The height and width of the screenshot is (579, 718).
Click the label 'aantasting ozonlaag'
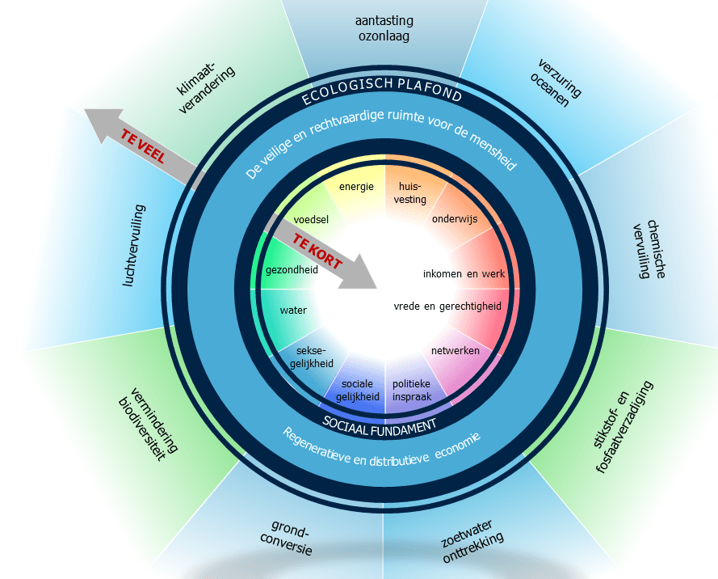coord(384,28)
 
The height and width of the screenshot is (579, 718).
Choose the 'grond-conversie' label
coord(288,540)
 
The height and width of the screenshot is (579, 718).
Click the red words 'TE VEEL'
coord(142,146)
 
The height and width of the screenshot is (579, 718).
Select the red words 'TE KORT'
coord(317,251)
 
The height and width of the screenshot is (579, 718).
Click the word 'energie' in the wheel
coord(356,187)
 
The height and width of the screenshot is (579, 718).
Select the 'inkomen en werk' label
coord(464,273)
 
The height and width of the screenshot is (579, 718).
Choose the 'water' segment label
coord(293,310)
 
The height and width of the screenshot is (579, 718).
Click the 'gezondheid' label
coord(292,270)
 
